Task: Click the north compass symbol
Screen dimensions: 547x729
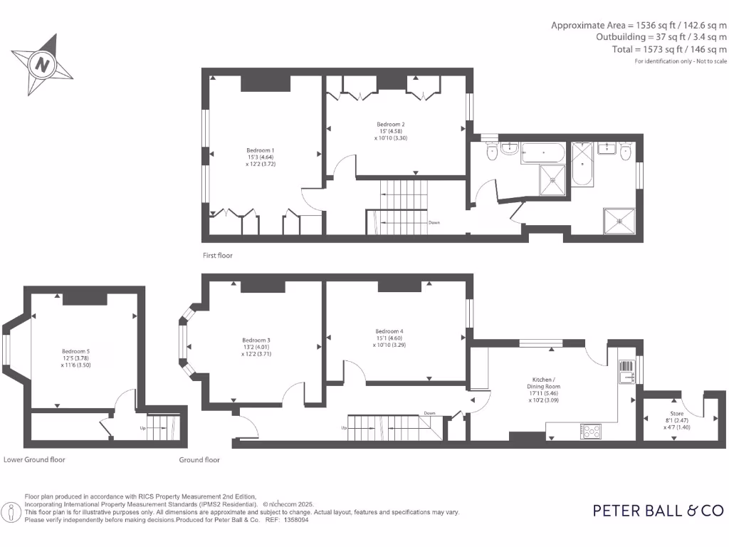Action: (x=43, y=64)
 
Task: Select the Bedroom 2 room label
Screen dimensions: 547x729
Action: (x=391, y=131)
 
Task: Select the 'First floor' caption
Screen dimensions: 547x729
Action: (x=217, y=255)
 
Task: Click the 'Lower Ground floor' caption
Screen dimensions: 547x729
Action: (x=34, y=459)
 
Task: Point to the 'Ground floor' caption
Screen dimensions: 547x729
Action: (x=199, y=460)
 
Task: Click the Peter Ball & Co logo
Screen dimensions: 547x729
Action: (x=658, y=510)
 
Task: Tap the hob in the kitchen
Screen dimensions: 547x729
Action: (x=592, y=430)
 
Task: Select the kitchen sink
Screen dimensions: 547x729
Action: (x=626, y=370)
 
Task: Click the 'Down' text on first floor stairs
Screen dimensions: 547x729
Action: (x=434, y=222)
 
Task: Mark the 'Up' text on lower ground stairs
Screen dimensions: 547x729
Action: (x=142, y=428)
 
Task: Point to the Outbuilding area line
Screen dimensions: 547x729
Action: (x=661, y=37)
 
